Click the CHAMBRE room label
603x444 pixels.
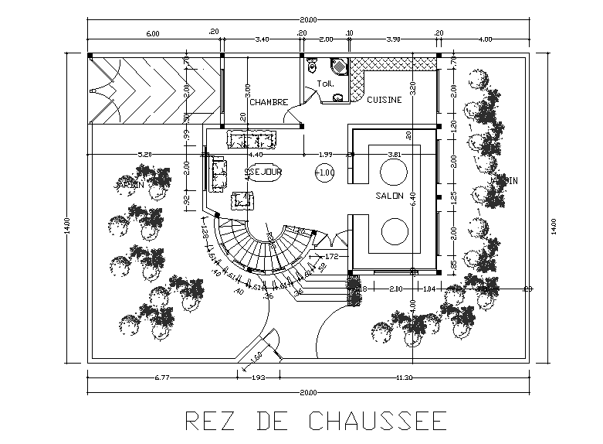coord(269,102)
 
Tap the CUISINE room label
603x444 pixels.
coord(384,100)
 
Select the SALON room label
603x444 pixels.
coord(390,196)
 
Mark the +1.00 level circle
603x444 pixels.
coord(325,172)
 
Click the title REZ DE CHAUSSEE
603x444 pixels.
coord(316,420)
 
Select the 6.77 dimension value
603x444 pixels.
coord(161,377)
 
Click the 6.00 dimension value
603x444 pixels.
coord(152,33)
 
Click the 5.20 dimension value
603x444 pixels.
coord(144,154)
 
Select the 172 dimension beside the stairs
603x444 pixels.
coord(332,255)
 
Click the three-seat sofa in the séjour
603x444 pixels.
coord(250,139)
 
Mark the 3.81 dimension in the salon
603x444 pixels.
coord(395,154)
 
